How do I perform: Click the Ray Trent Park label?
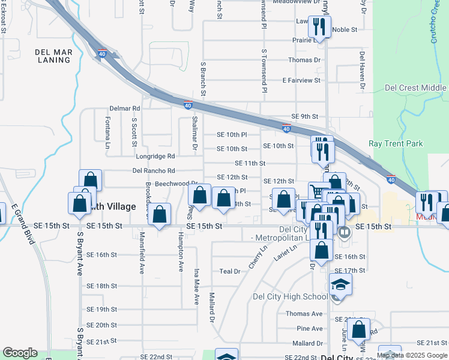click(396, 144)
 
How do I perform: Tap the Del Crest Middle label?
click(415, 88)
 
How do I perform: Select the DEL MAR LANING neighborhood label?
click(54, 56)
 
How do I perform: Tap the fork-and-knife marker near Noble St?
click(319, 27)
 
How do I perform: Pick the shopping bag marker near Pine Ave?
click(359, 329)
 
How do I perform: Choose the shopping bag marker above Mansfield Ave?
click(159, 215)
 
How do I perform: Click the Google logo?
click(20, 353)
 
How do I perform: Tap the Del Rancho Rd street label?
click(154, 170)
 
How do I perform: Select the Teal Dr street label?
click(229, 271)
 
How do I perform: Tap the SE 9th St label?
click(304, 116)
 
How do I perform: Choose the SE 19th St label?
click(101, 310)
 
